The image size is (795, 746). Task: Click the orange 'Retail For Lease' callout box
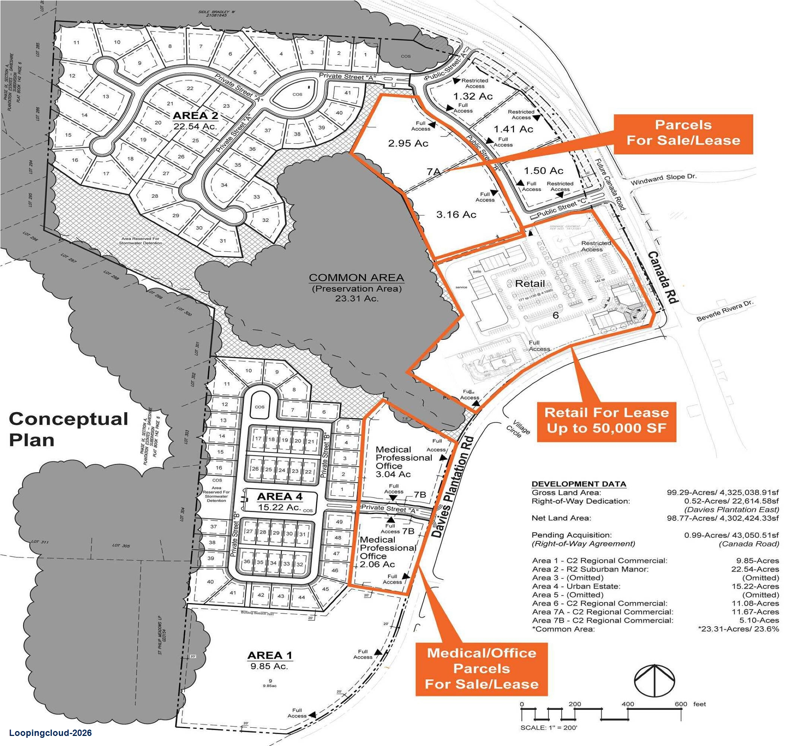point(606,421)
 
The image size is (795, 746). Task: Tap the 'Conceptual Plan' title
point(68,429)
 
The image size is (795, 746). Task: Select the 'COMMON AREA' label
point(356,278)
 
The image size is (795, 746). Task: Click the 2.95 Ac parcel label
point(408,143)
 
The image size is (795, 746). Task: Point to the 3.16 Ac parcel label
point(456,214)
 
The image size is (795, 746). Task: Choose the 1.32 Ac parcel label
point(473,96)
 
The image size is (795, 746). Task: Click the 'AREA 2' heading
point(195,116)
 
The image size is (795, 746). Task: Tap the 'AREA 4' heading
point(280,496)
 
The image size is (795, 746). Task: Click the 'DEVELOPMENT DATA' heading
point(579,483)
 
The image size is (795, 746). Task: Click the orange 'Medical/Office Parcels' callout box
point(482,668)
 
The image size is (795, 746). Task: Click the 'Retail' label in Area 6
point(530,283)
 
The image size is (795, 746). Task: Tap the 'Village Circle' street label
point(518,427)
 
